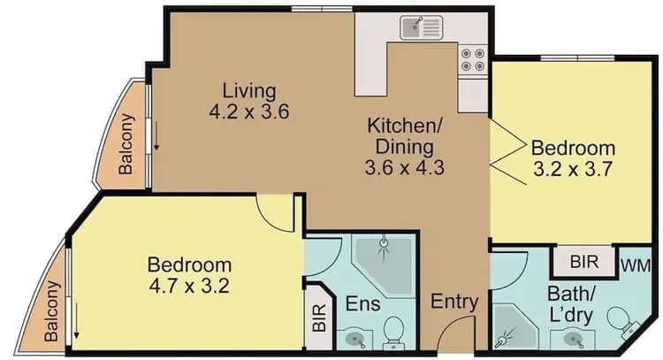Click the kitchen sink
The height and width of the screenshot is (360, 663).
pyautogui.click(x=420, y=28)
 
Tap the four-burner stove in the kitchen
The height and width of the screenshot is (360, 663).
pyautogui.click(x=472, y=58)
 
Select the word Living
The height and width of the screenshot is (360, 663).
pyautogui.click(x=249, y=90)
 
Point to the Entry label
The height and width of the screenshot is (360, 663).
pyautogui.click(x=454, y=302)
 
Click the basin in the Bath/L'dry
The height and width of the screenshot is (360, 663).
pyautogui.click(x=568, y=338)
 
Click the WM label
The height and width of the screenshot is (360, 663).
pyautogui.click(x=631, y=264)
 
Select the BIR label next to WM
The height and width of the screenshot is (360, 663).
pyautogui.click(x=584, y=263)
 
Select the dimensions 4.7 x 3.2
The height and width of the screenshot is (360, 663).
pyautogui.click(x=189, y=286)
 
